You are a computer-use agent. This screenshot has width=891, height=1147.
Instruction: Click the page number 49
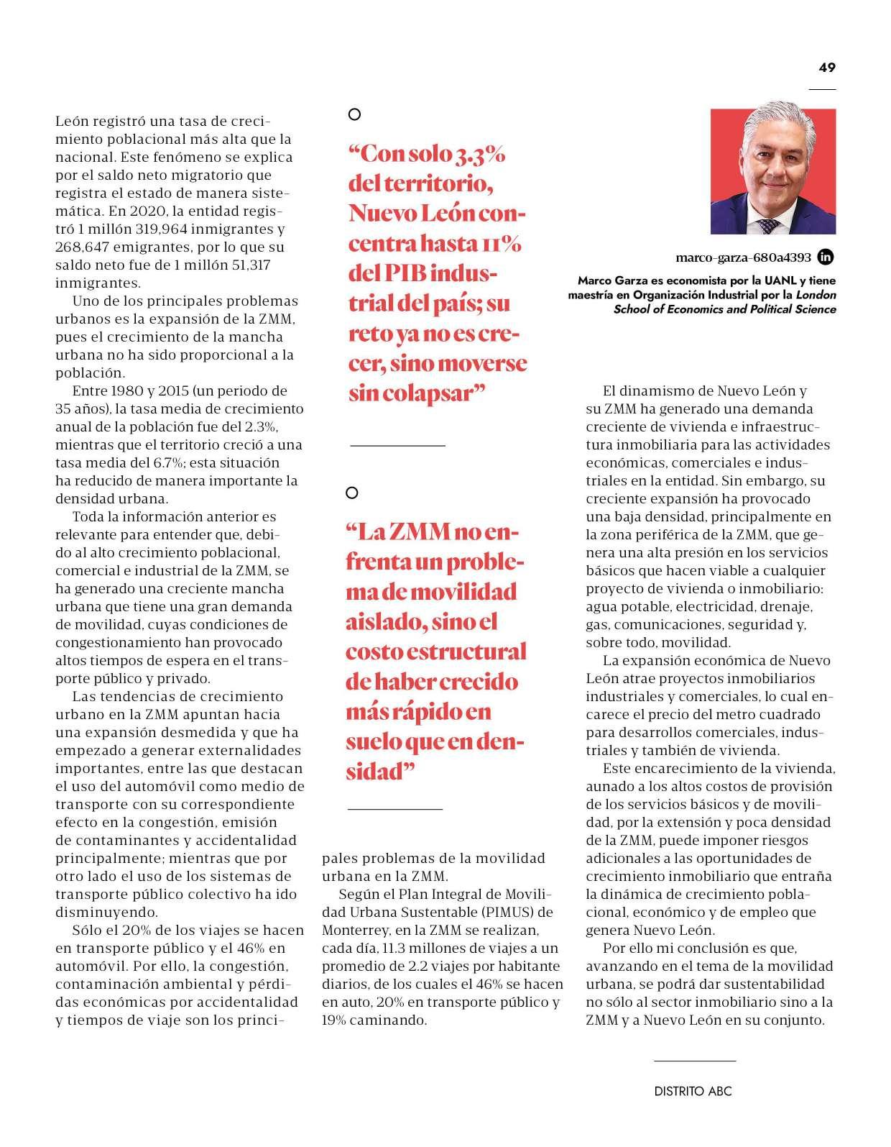pyautogui.click(x=827, y=68)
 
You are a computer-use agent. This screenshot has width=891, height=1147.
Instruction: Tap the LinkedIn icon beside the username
pyautogui.click(x=827, y=257)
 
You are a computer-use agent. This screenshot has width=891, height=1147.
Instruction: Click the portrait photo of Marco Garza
pyautogui.click(x=773, y=171)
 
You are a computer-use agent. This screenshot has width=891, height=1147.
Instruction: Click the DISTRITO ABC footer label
pyautogui.click(x=693, y=1091)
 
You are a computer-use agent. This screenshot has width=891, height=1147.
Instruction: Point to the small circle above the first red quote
pyautogui.click(x=354, y=114)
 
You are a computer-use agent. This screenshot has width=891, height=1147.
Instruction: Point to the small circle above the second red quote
pyautogui.click(x=351, y=493)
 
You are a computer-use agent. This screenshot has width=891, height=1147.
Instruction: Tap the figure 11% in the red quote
pyautogui.click(x=502, y=244)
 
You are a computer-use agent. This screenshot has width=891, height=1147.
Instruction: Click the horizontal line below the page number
pyautogui.click(x=822, y=89)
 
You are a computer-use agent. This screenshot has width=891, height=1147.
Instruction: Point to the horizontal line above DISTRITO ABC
pyautogui.click(x=695, y=1061)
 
